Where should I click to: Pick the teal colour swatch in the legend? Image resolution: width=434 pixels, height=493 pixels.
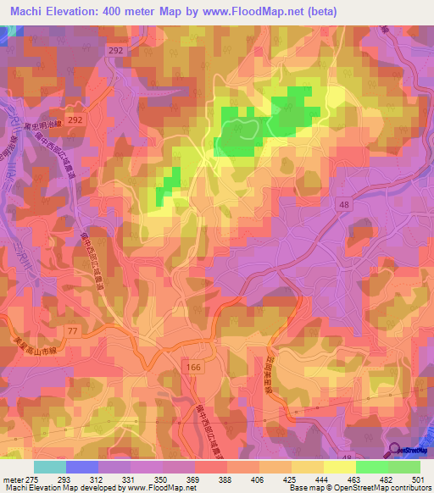click(50, 467)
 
